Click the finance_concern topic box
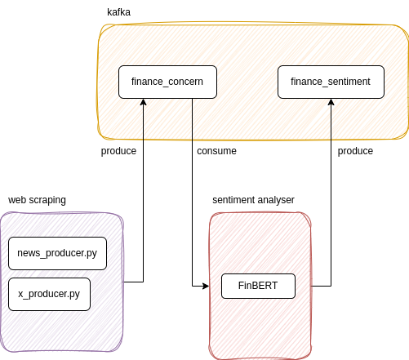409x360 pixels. click(x=167, y=82)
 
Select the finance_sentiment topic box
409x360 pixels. click(x=331, y=82)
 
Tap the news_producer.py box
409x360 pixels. click(x=57, y=253)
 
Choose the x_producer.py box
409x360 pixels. click(x=49, y=294)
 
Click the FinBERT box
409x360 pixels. click(x=257, y=286)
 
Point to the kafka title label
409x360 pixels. click(x=118, y=12)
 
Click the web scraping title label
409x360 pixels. click(x=37, y=200)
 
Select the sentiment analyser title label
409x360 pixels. click(x=253, y=200)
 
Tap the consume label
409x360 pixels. click(x=216, y=151)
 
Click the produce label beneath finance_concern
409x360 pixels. click(x=118, y=151)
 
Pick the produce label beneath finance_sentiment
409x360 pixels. click(x=355, y=151)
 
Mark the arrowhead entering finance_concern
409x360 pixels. click(x=143, y=102)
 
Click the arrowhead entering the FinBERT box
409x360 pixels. click(x=217, y=286)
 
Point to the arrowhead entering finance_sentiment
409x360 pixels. click(x=331, y=102)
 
